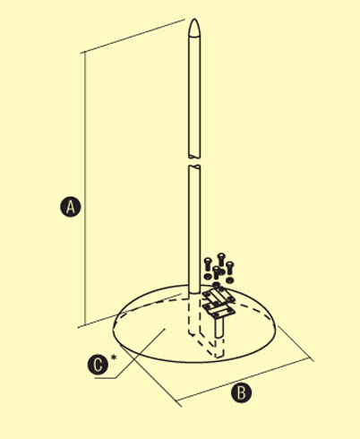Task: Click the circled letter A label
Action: coord(71,207)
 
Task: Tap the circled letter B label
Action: coord(242,393)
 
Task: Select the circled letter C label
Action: coord(98,364)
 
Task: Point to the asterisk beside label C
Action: coord(114,357)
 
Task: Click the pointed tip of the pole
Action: coord(194,20)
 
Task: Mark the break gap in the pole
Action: coord(194,161)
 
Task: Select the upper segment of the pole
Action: coord(194,89)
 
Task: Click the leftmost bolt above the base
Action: coord(208,264)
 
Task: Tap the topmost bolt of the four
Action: coord(221,259)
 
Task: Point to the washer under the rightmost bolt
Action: coord(229,280)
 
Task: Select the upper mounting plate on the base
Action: coord(218,296)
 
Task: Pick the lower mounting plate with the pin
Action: coord(219,311)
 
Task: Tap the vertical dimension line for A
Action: coord(85,189)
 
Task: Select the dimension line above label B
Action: coord(244,379)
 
